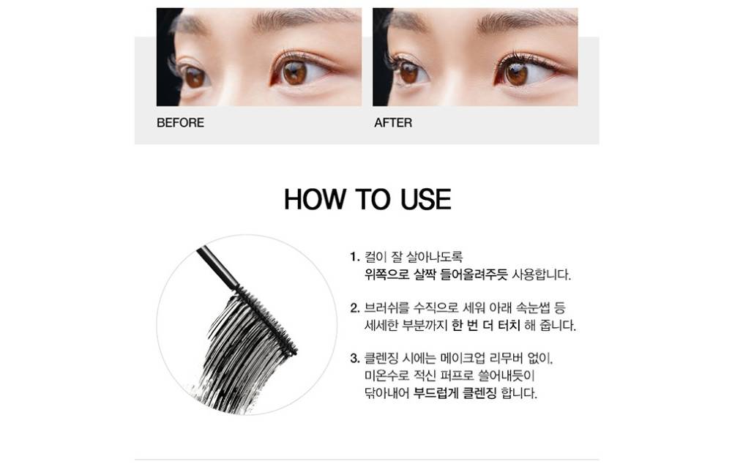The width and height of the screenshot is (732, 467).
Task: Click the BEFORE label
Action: [180, 123]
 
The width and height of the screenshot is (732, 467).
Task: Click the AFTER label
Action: [393, 123]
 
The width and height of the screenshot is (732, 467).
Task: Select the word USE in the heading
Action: [426, 199]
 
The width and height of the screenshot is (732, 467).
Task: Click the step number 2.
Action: [355, 307]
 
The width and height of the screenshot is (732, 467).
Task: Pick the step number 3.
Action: [355, 358]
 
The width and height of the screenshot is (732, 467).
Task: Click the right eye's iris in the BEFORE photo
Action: [294, 73]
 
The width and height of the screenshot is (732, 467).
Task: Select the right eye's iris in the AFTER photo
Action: [516, 74]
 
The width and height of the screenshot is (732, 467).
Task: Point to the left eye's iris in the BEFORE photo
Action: [194, 77]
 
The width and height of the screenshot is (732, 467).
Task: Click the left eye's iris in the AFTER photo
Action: [409, 73]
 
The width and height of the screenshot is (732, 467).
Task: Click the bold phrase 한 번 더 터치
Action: [485, 326]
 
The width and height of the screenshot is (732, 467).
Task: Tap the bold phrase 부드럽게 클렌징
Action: [455, 393]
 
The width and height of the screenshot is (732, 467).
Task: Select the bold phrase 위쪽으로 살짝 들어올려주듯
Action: [436, 274]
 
